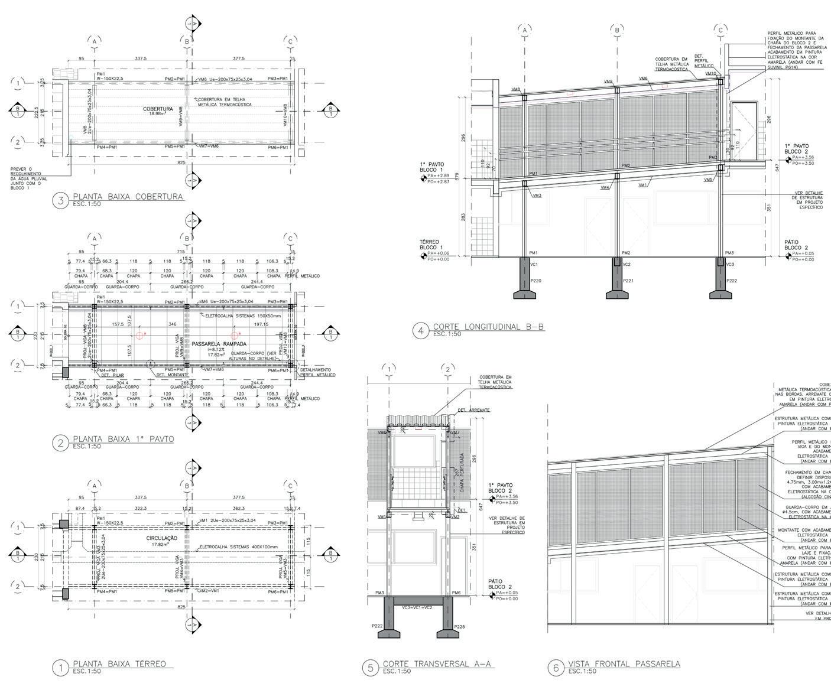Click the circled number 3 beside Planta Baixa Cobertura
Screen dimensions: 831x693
(61, 200)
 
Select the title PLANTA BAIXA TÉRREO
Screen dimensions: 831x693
(119, 663)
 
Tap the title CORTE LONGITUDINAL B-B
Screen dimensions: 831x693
(488, 327)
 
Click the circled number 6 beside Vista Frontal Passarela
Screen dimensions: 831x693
(555, 668)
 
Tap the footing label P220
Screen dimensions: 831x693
(535, 281)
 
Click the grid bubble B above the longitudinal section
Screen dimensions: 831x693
(616, 30)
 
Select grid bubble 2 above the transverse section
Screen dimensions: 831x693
(448, 370)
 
